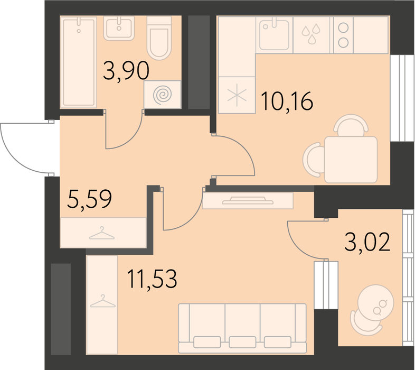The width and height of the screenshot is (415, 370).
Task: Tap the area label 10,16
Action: point(287,101)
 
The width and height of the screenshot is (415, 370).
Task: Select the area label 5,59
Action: point(89,200)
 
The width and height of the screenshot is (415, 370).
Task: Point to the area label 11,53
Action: point(152,279)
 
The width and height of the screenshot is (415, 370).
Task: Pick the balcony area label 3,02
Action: point(367,242)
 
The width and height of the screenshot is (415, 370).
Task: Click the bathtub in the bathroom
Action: point(78,62)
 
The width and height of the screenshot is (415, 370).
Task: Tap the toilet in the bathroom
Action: point(159,38)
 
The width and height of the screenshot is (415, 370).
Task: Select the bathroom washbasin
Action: point(119,28)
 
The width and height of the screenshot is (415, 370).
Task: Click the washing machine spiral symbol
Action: point(162,95)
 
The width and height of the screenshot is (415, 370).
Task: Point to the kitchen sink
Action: point(273,35)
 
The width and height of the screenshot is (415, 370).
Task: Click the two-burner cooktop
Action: point(343,35)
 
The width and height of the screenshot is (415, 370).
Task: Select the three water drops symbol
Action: point(312,34)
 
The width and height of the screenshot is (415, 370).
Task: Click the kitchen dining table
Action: point(351,160)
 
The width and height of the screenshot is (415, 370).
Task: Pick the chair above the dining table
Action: point(351,126)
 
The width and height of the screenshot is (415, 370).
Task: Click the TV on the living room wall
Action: point(248,200)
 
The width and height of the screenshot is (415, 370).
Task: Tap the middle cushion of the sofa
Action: point(242,342)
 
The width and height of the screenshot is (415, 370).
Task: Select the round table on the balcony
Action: point(375,302)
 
